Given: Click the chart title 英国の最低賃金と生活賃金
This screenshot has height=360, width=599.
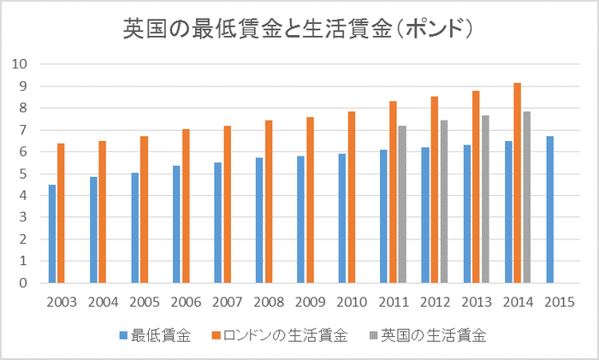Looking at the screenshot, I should point(299,29).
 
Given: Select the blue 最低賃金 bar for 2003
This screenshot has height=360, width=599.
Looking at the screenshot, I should point(52,233).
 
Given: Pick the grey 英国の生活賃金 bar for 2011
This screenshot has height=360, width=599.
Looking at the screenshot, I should point(402,204).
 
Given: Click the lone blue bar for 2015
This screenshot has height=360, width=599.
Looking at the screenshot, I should point(550,210).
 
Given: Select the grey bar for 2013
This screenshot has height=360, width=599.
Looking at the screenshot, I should point(485,199).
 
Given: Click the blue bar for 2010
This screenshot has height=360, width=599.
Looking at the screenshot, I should point(342,218).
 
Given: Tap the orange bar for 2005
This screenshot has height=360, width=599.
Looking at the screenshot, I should point(145,210).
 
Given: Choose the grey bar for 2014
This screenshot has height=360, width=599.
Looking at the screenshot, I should point(527,197).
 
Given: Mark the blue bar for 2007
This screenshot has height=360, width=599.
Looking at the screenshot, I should point(218,222).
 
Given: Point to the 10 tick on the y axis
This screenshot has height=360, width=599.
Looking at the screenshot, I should point(21,64).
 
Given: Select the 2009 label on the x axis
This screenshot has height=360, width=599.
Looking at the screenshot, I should point(310,302).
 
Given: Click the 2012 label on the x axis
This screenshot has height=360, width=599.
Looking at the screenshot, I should point(435,302).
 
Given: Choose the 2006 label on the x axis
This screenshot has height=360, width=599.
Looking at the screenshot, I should point(186,302).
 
